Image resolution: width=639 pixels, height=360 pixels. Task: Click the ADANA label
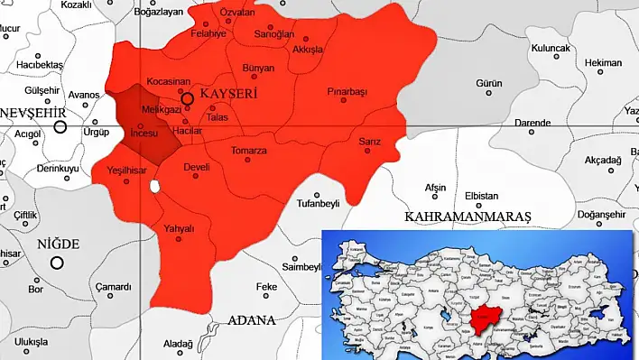pyautogui.click(x=252, y=319)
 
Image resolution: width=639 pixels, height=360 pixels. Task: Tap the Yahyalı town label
pyautogui.click(x=178, y=227)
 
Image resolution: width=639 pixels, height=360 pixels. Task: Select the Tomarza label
pyautogui.click(x=248, y=150)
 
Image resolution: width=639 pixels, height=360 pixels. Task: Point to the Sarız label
pyautogui.click(x=370, y=142)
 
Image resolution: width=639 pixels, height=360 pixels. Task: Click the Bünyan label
pyautogui.click(x=258, y=68)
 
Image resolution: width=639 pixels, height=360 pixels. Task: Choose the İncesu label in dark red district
pyautogui.click(x=144, y=133)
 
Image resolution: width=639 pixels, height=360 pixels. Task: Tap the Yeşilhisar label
pyautogui.click(x=126, y=170)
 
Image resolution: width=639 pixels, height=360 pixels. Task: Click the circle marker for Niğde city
pyautogui.click(x=57, y=263)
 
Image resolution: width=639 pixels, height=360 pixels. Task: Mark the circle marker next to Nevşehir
pyautogui.click(x=60, y=126)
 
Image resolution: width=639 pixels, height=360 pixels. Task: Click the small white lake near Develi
pyautogui.click(x=155, y=187)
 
